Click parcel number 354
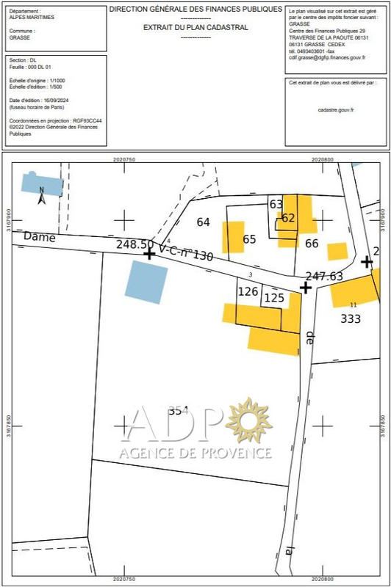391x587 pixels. pos(179,410)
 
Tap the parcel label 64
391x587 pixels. pos(204,222)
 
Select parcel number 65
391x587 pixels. pos(249,239)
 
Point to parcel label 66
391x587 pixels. pos(312,244)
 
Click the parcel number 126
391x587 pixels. pos(248,291)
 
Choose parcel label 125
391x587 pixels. pos(273,297)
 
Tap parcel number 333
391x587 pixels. pos(351,318)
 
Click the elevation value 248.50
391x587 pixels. pos(134,244)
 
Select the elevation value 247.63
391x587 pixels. pos(324,276)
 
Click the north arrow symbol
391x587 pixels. pos(42,194)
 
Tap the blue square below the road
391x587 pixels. pos(146,281)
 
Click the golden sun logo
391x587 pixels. pos(248,420)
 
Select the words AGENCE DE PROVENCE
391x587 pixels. pos(195,453)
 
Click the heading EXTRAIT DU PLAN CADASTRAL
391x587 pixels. pos(195,27)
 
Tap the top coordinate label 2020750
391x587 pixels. pos(125,158)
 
